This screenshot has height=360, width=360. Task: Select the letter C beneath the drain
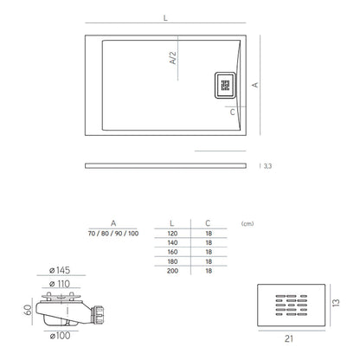233,112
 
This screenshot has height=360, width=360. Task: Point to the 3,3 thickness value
267,166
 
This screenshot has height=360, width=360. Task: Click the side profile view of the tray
171,164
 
